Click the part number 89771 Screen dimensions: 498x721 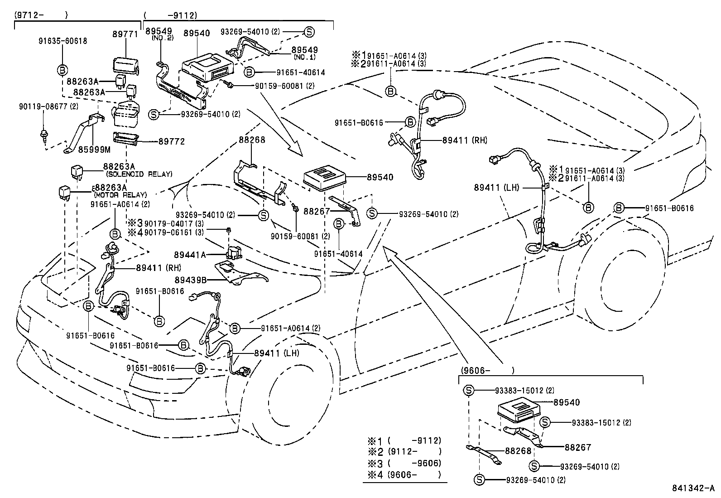(125, 34)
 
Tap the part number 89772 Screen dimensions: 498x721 (171, 141)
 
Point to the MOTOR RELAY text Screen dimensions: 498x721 (120, 195)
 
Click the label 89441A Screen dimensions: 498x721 (190, 255)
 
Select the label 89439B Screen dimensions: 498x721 (190, 280)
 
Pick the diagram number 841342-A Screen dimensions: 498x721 (692, 488)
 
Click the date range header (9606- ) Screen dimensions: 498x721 (487, 371)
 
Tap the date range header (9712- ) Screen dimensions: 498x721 (41, 15)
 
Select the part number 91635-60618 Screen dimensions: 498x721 (62, 41)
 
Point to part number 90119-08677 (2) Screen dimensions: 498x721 (48, 106)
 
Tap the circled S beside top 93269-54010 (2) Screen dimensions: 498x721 (309, 32)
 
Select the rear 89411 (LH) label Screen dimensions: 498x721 (496, 187)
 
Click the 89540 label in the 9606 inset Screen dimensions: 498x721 (566, 402)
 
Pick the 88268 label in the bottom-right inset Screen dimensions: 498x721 (517, 451)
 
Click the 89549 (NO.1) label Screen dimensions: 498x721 (304, 50)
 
